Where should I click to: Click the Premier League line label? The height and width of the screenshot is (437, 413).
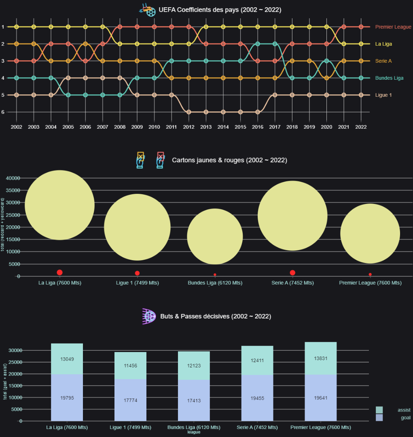point(393,27)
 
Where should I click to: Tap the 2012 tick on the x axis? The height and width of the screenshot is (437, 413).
point(188,127)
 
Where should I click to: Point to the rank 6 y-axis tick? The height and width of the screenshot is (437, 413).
point(3,112)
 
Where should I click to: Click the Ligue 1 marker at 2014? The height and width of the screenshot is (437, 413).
point(223,112)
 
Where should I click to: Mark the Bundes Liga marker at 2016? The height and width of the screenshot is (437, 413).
point(257,44)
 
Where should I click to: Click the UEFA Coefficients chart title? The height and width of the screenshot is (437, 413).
point(220,10)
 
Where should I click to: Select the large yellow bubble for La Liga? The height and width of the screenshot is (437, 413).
point(59,205)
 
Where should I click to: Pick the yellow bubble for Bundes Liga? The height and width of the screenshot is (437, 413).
point(215,236)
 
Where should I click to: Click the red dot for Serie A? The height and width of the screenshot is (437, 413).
point(292,273)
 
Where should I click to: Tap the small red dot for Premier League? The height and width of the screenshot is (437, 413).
point(370,274)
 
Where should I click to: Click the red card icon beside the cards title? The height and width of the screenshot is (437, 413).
point(160,160)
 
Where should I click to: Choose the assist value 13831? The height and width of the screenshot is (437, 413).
point(321,359)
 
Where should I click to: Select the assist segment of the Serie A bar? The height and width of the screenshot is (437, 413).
point(257,360)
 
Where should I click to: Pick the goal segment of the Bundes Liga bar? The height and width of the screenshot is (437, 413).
point(194,401)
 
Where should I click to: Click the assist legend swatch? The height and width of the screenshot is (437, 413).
point(379,410)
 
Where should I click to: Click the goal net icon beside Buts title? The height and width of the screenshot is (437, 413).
point(149,316)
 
